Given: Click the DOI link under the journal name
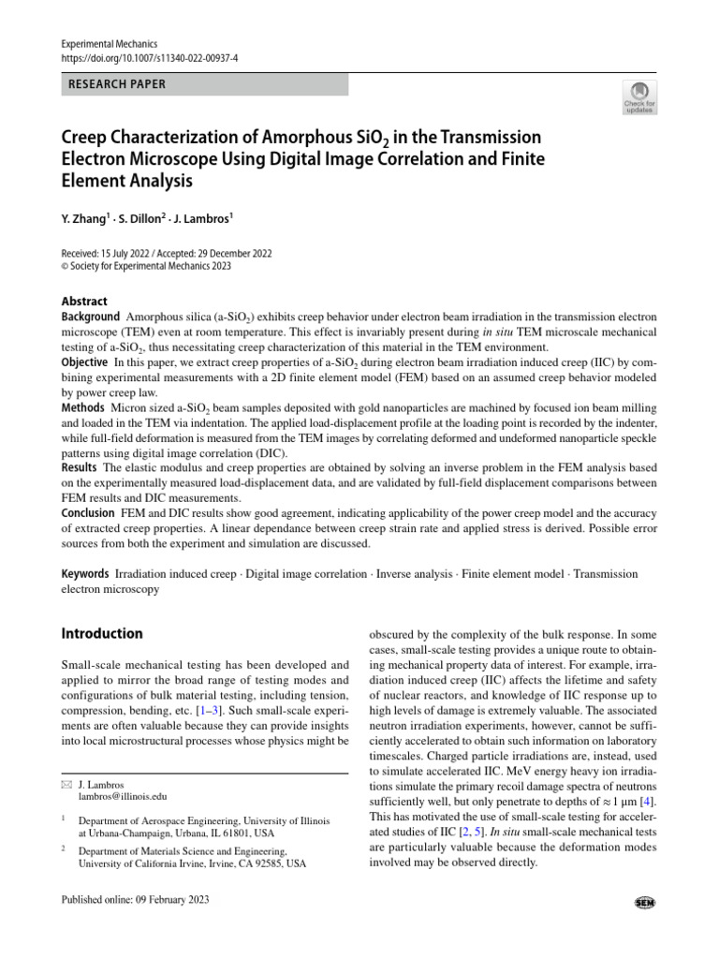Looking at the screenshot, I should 148,58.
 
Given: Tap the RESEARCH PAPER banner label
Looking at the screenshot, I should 117,84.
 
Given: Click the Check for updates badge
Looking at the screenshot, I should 641,97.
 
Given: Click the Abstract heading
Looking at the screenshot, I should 84,302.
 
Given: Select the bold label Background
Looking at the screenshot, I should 91,318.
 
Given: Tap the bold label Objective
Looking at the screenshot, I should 84,361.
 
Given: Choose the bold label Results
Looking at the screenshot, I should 80,466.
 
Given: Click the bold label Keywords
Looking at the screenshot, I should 84,572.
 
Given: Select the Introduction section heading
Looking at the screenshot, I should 102,634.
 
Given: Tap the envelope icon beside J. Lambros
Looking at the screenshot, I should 66,783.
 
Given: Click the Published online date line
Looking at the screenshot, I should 135,900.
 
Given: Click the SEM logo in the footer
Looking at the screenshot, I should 644,902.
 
